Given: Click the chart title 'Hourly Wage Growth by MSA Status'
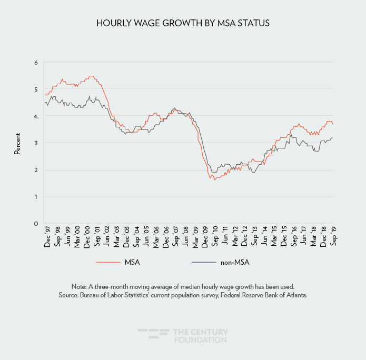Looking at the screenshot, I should (183, 24).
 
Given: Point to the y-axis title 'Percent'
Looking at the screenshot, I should (17, 143).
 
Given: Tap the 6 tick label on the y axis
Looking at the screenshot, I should (36, 63).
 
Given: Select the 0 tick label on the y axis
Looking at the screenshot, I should (36, 223).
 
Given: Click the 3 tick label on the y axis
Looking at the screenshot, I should (36, 143).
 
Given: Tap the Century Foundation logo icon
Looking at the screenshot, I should (153, 335).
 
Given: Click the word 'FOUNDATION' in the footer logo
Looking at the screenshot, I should (200, 340).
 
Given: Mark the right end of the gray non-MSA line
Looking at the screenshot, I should (333, 137).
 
